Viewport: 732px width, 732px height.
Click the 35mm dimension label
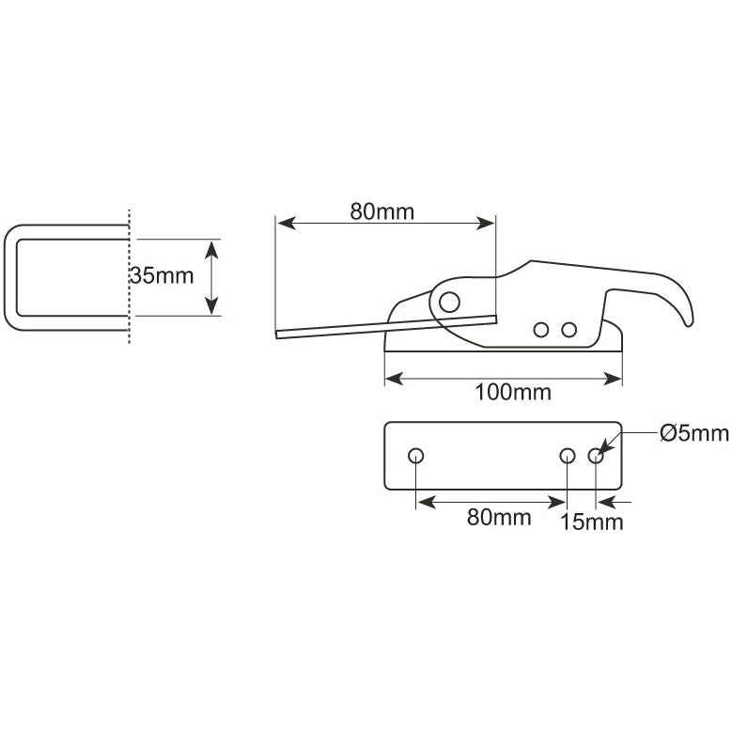click(x=162, y=275)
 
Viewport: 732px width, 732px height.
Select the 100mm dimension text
click(x=513, y=392)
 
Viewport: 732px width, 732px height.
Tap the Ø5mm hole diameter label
click(x=693, y=432)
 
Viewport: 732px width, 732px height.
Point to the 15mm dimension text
click(x=591, y=522)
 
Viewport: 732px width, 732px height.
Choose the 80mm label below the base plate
click(x=499, y=517)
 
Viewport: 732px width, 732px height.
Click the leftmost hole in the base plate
click(x=416, y=456)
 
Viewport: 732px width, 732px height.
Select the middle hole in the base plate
click(x=568, y=456)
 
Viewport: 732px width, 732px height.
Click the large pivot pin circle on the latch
click(x=450, y=301)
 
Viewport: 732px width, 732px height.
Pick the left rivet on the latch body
click(x=540, y=329)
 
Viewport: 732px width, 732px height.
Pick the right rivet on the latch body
click(x=568, y=329)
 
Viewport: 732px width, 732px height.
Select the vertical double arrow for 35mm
click(x=211, y=277)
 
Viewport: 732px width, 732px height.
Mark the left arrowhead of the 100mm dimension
click(x=392, y=379)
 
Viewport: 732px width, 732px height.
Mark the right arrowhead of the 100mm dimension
click(x=615, y=379)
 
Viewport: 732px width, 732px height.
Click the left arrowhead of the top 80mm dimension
click(x=283, y=224)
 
